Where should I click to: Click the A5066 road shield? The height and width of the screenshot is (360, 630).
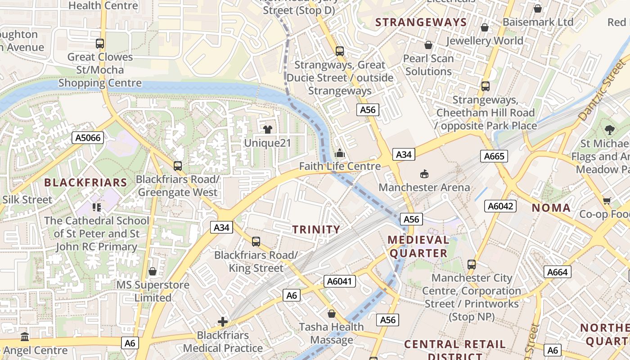[x=88, y=138]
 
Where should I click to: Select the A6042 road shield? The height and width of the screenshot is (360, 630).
[x=500, y=206]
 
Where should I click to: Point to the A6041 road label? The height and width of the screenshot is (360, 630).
[x=340, y=282]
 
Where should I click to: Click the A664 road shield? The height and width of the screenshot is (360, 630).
[x=558, y=272]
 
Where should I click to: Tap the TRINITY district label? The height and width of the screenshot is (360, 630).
[x=316, y=229]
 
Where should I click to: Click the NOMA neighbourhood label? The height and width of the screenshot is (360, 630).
[x=551, y=208]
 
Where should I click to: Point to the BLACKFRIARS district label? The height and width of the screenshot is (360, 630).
[x=85, y=183]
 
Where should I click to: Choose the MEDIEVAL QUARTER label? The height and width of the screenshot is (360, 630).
[x=418, y=246]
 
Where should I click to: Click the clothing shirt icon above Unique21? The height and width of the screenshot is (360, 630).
[x=268, y=130]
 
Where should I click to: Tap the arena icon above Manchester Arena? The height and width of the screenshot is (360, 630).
[x=424, y=174]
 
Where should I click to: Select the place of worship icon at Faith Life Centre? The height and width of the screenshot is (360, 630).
[x=340, y=153]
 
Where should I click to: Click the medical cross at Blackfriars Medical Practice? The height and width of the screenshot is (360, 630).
[x=223, y=321]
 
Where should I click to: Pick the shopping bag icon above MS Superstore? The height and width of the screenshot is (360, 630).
[x=153, y=271]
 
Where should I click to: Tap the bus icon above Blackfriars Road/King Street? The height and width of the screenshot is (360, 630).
[x=256, y=242]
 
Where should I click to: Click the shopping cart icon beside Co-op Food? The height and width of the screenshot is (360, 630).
[x=607, y=201]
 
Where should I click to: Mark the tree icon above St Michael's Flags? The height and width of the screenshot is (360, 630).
[x=610, y=130]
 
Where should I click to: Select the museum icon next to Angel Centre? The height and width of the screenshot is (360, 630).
[x=25, y=337]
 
